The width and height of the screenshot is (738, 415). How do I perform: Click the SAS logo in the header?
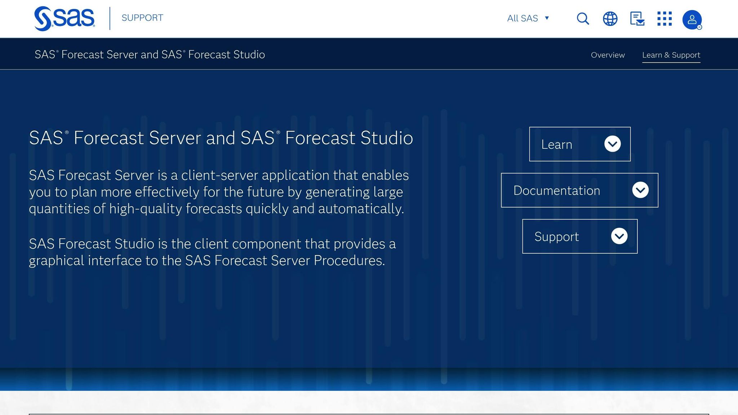(x=64, y=18)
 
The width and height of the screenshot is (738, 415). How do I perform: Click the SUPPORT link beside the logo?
(x=142, y=18)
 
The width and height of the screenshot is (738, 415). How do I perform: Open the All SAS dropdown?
(x=528, y=18)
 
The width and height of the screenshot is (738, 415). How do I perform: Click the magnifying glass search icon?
(x=583, y=19)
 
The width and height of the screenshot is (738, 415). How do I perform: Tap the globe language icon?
(x=610, y=19)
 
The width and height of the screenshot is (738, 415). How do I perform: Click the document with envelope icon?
(x=637, y=19)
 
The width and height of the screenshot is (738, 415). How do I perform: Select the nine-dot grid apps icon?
(x=664, y=19)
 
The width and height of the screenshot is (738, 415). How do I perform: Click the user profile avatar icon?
(x=692, y=20)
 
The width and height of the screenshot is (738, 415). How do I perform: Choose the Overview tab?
(x=608, y=55)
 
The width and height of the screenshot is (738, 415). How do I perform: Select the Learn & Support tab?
(x=671, y=55)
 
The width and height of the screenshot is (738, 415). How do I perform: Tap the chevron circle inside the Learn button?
(x=612, y=144)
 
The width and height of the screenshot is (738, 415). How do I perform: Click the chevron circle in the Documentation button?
(x=640, y=190)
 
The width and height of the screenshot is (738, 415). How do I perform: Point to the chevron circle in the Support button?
(x=619, y=236)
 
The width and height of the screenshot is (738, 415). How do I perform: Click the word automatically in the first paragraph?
(x=361, y=209)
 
